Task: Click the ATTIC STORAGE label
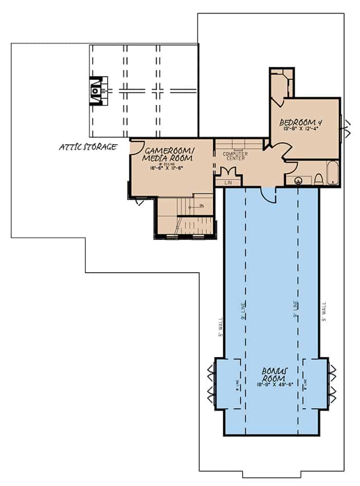[x=88, y=147]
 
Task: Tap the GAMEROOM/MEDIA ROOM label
[x=167, y=155]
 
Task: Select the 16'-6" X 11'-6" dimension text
[x=168, y=168]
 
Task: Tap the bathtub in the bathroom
[x=332, y=175]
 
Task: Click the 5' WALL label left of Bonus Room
[x=220, y=329]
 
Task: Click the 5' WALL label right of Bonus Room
[x=324, y=311]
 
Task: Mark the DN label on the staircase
[x=201, y=207]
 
